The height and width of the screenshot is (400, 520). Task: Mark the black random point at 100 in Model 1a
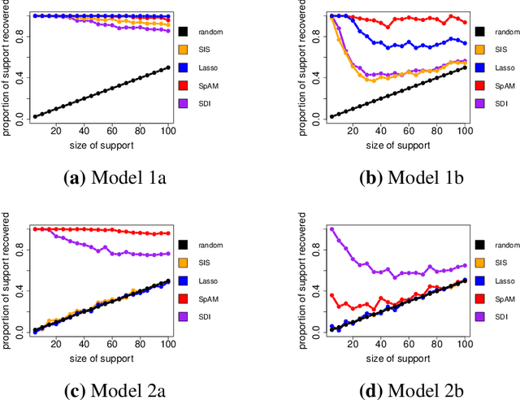[167, 67]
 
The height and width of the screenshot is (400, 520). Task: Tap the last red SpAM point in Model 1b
[465, 22]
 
